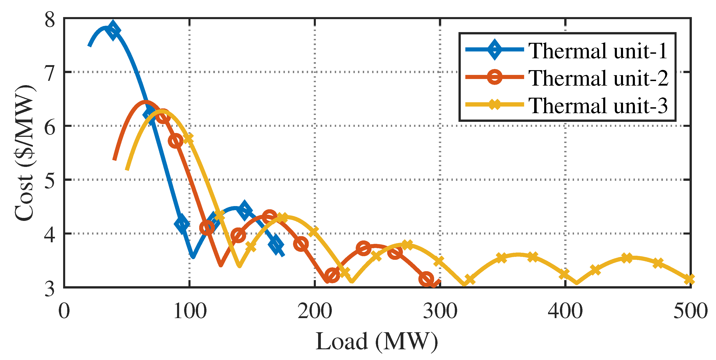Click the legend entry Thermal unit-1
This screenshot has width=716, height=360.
(598, 51)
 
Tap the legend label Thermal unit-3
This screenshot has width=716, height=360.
(598, 106)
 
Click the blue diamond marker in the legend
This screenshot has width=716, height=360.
(495, 50)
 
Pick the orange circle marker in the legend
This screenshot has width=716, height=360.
(495, 77)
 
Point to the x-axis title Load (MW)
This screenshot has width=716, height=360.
(377, 341)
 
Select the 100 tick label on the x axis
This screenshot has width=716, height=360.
(190, 311)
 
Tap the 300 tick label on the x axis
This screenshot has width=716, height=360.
(440, 311)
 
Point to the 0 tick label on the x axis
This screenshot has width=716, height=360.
(64, 311)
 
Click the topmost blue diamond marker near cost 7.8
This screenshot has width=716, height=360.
(113, 30)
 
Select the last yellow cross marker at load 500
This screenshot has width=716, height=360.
(689, 279)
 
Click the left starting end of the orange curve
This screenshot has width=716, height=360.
(115, 159)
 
